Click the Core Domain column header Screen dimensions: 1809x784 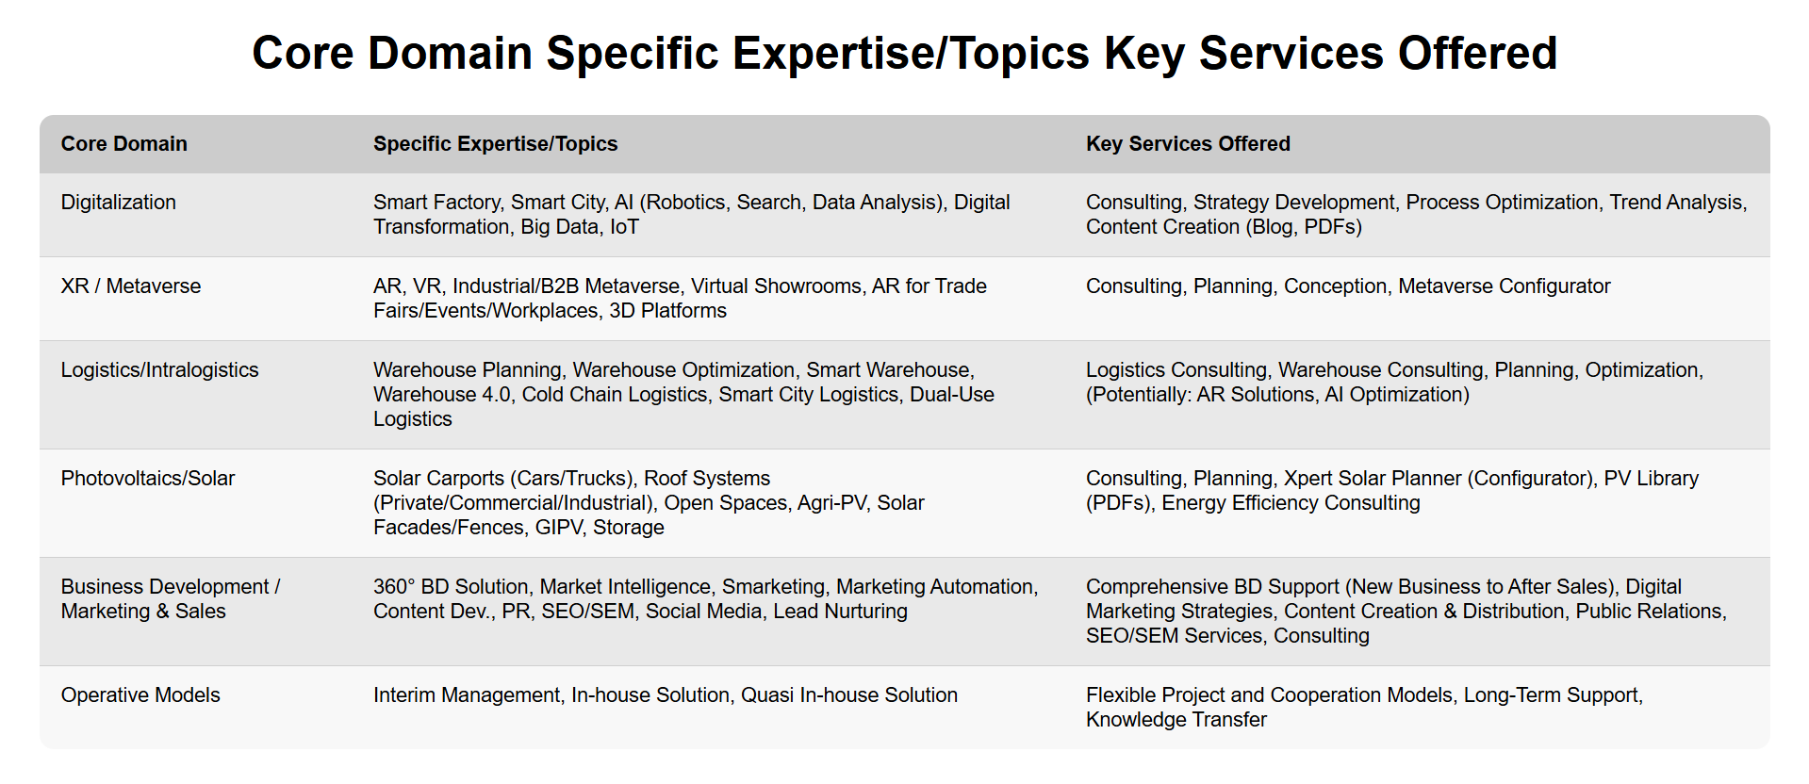pos(124,143)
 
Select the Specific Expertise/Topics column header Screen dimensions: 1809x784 pos(495,144)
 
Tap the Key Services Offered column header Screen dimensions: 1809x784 pos(1188,144)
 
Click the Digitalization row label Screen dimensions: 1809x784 pos(119,203)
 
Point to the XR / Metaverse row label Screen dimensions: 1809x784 pos(131,286)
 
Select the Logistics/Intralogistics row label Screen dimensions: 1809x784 pos(160,370)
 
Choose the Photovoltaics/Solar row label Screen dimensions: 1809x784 pos(148,478)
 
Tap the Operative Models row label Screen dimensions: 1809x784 pos(140,695)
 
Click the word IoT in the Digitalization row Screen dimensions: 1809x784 pos(624,227)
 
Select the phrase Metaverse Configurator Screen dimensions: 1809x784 pos(1505,286)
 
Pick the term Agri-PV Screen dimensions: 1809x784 pos(831,503)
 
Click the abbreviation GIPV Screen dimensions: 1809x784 pos(558,528)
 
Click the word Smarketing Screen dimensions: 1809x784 pos(773,587)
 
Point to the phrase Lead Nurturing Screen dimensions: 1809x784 pos(841,612)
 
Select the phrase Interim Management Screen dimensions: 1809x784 pos(467,695)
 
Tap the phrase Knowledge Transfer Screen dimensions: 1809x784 pos(1176,720)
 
